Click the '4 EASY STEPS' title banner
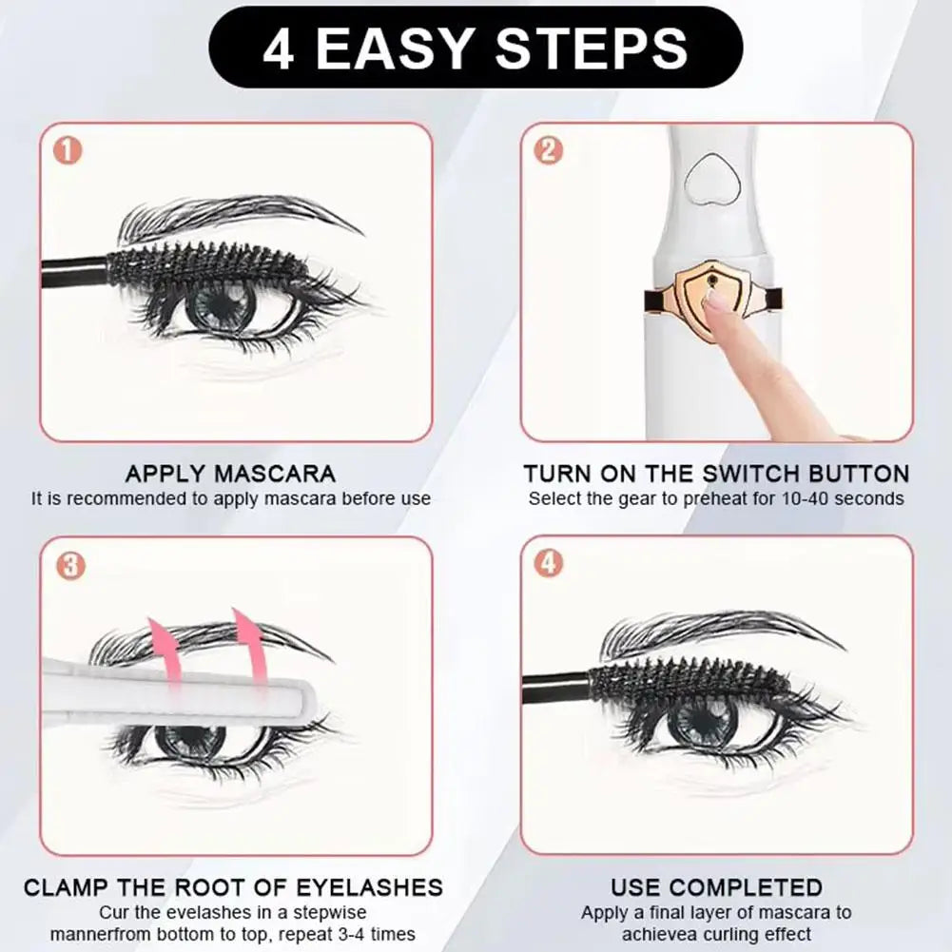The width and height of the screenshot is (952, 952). [x=476, y=48]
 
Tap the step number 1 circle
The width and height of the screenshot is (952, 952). [x=69, y=151]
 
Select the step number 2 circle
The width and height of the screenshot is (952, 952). [x=548, y=151]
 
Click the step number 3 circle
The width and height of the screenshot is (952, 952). [x=69, y=565]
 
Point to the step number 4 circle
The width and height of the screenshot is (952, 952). [x=548, y=563]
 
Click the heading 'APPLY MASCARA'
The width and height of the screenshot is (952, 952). [x=230, y=474]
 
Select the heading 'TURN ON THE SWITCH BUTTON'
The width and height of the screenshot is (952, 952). [x=716, y=474]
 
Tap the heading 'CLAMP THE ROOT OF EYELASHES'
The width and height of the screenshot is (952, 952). [x=233, y=887]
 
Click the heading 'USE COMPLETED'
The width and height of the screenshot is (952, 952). [x=716, y=887]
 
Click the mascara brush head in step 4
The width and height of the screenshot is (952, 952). [x=690, y=679]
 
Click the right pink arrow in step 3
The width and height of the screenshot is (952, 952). [x=248, y=642]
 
